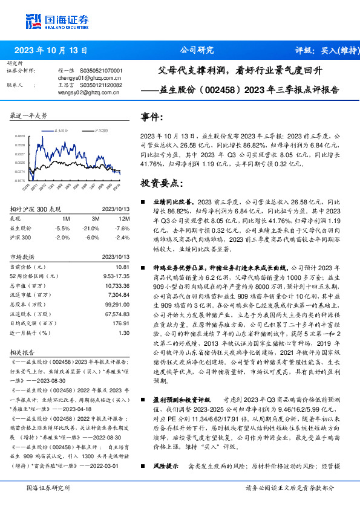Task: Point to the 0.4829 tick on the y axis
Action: tap(20, 137)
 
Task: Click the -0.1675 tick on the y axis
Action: tap(20, 180)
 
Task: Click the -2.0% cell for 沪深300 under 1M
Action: tap(62, 237)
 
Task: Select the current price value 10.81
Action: tap(122, 267)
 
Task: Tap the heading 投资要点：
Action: tap(160, 181)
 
